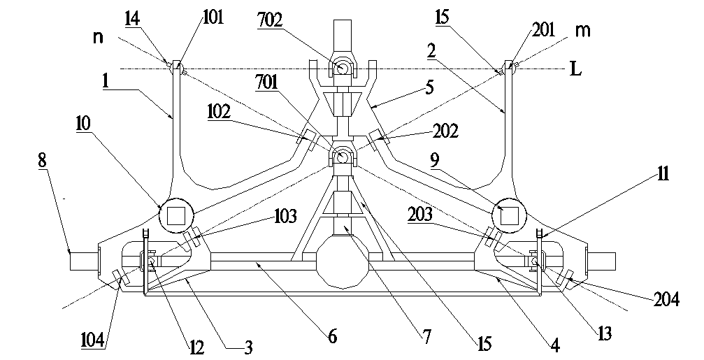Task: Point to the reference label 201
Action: coord(543,29)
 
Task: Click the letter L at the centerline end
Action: coord(575,70)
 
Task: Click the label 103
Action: coord(285,213)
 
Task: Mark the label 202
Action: coord(444,131)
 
